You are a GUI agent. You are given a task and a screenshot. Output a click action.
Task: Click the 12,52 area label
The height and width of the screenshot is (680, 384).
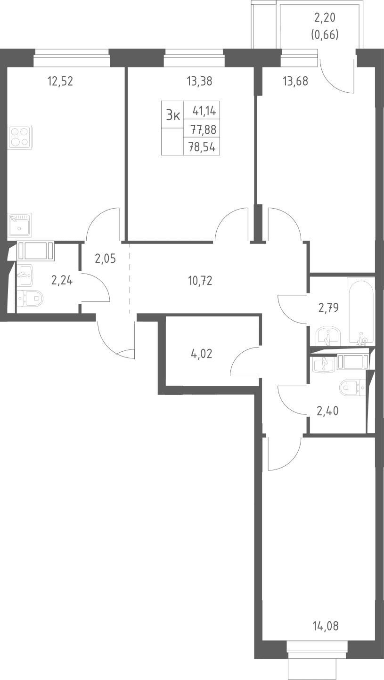tap(60, 81)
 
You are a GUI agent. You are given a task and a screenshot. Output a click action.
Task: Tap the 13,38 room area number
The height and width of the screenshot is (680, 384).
tap(199, 81)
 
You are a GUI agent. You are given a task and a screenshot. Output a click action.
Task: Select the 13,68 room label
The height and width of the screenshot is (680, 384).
tap(295, 81)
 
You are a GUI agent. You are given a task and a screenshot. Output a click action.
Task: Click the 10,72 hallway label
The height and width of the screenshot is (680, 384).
tap(200, 281)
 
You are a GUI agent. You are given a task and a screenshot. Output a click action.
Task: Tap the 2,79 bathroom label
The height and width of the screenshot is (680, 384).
tap(328, 308)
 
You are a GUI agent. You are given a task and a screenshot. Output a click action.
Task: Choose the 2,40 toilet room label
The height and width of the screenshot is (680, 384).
tap(328, 412)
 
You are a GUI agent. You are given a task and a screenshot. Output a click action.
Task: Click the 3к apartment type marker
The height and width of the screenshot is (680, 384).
tap(173, 115)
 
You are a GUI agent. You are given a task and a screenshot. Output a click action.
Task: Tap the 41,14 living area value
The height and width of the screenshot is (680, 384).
tap(204, 112)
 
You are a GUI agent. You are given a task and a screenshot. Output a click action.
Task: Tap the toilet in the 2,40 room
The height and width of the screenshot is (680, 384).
tap(353, 388)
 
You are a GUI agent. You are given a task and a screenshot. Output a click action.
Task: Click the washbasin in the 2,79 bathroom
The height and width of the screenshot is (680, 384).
tap(329, 336)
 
